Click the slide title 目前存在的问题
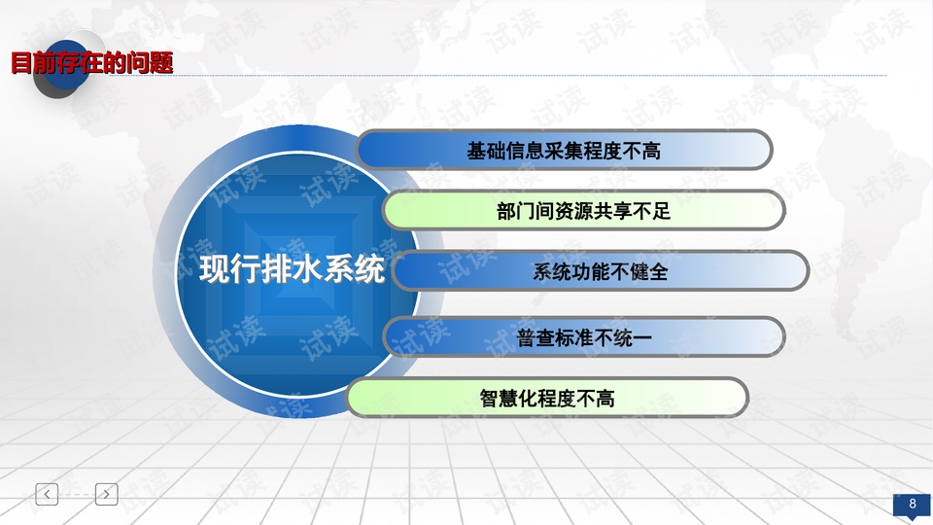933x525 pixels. [x=92, y=63]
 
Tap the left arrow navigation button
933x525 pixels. [x=47, y=494]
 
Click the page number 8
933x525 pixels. [x=913, y=504]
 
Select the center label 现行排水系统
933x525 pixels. [x=292, y=269]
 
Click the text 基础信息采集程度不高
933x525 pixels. [x=564, y=152]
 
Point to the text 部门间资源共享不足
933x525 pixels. [x=584, y=211]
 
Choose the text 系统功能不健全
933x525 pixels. [x=600, y=272]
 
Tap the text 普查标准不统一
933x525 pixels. [x=584, y=338]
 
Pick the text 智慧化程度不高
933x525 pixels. [x=547, y=399]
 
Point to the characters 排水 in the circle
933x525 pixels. [x=292, y=269]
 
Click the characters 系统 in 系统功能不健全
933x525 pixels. [x=552, y=272]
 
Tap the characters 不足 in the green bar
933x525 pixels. [x=651, y=211]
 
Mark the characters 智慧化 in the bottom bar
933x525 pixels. [x=508, y=399]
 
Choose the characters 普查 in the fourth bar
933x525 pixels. [x=536, y=338]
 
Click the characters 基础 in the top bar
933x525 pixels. [x=486, y=152]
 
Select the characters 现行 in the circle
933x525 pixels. [x=229, y=269]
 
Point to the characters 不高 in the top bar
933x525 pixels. [x=642, y=152]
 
